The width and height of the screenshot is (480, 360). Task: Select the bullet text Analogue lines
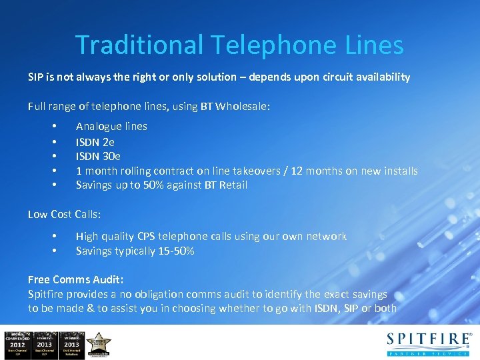[111, 126]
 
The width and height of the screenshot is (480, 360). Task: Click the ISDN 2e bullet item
[95, 142]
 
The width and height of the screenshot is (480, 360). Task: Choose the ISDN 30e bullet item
[98, 157]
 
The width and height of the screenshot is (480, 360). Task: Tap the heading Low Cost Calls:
[65, 213]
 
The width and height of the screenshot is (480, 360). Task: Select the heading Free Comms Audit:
[76, 279]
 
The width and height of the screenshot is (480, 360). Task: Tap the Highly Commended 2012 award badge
[16, 343]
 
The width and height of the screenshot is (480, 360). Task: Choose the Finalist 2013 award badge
[45, 343]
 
